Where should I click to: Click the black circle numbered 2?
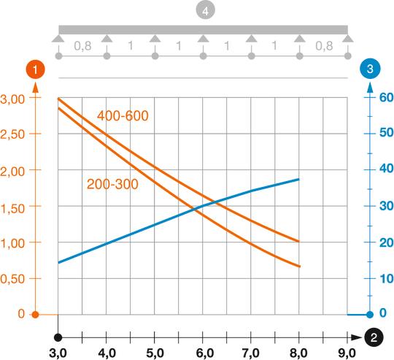point(374,337)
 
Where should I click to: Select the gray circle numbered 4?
point(203,12)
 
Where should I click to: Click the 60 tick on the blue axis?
point(385,98)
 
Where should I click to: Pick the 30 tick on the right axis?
point(385,207)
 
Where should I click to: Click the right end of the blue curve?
point(299,179)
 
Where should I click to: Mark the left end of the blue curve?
point(58,262)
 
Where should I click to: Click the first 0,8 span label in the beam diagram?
point(82,45)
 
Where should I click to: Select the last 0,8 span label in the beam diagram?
point(323,45)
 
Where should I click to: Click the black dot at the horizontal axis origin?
point(58,337)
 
